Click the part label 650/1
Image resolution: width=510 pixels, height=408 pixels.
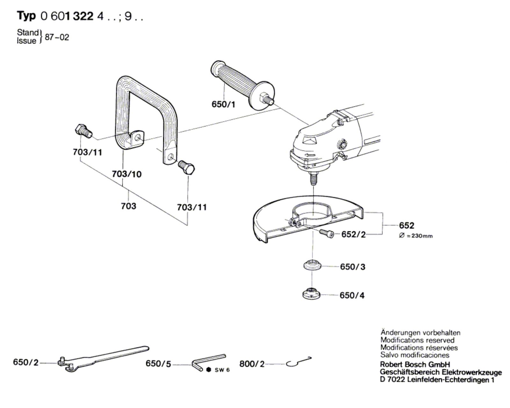click(x=223, y=104)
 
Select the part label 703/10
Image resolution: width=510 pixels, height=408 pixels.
click(x=127, y=174)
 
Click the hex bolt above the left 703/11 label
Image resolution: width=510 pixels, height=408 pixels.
click(x=83, y=131)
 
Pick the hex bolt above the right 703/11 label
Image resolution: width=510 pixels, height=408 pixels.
click(x=187, y=167)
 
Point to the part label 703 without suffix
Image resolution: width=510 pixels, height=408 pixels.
click(x=128, y=206)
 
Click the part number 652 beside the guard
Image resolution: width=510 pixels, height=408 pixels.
click(x=406, y=226)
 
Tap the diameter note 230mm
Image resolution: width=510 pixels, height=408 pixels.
click(x=416, y=236)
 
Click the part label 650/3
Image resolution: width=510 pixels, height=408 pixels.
click(x=353, y=267)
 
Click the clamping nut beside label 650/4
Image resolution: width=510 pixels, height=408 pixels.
click(x=311, y=293)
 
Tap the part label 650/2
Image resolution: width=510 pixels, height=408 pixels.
click(x=25, y=362)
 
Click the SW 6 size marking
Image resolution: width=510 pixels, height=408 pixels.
click(x=222, y=370)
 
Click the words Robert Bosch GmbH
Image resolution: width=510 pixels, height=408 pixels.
click(x=415, y=365)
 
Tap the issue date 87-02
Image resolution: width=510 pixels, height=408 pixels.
click(x=57, y=37)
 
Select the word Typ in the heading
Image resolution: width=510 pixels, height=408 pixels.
click(x=26, y=16)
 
